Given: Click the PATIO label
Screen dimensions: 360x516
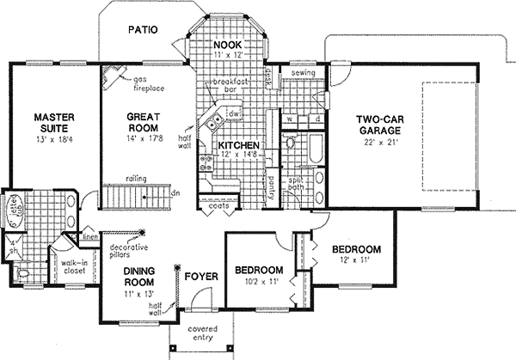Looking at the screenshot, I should (143, 29).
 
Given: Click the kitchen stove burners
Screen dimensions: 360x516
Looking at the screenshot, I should (206, 158).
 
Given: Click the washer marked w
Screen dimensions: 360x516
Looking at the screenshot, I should (291, 119).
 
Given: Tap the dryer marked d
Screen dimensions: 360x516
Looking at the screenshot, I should (316, 119).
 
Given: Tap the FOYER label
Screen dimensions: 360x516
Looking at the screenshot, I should (199, 277).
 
